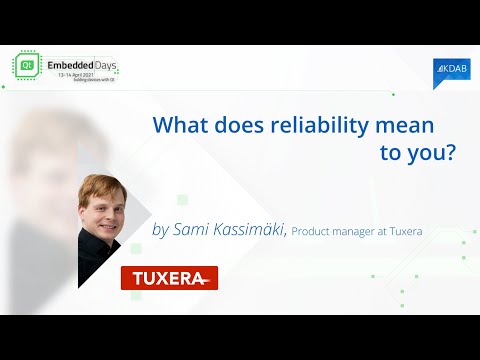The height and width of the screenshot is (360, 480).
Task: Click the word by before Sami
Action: tap(160, 231)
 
